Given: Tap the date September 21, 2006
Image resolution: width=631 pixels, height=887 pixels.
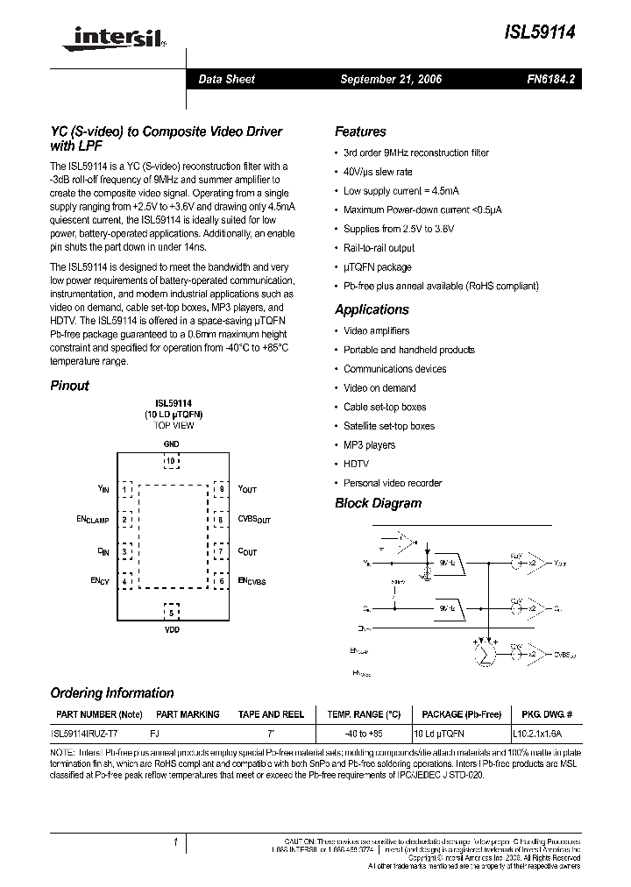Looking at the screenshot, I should [391, 79].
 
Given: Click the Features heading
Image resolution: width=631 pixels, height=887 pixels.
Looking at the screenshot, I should [360, 131].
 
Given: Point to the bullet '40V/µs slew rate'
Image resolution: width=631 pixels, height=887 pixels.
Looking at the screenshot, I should [378, 172].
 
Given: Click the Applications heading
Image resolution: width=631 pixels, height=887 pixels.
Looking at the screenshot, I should [372, 309].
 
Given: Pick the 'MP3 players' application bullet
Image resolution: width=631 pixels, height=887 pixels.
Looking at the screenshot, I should [369, 444].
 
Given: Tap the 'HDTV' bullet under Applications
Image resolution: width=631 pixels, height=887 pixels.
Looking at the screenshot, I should [356, 464].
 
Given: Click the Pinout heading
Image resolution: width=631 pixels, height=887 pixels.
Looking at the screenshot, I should [69, 386].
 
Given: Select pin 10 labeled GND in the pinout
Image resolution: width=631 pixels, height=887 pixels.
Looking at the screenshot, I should [171, 459].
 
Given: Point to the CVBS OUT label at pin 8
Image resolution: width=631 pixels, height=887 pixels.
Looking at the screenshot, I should [254, 520].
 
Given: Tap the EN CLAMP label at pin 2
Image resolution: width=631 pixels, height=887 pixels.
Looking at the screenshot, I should [93, 520].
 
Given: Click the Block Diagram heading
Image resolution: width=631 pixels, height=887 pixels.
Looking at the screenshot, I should [378, 503].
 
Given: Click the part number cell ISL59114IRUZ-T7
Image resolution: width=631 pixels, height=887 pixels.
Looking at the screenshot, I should [86, 731].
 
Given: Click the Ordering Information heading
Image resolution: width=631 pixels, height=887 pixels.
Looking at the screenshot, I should [111, 692].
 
